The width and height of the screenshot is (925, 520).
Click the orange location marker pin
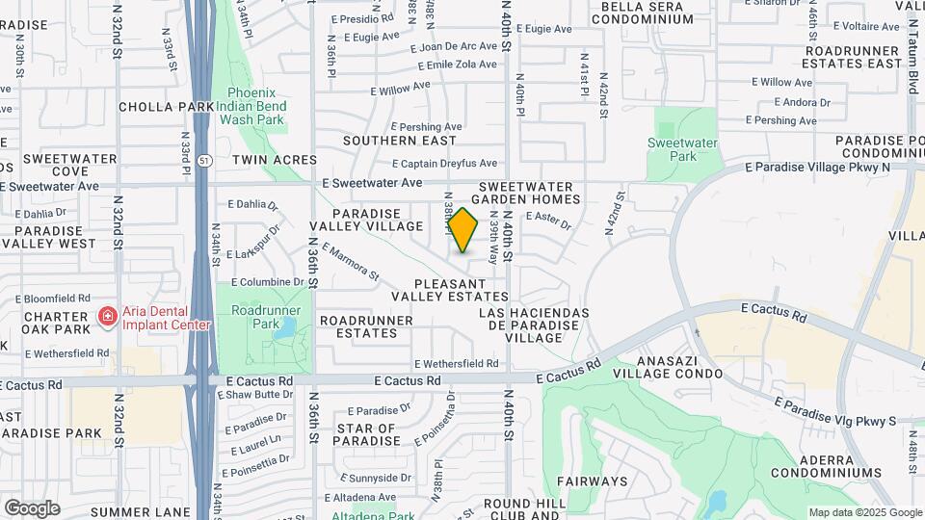click(463, 230)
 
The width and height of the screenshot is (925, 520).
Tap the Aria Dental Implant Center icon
click(108, 316)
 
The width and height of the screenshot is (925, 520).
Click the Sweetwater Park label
click(683, 149)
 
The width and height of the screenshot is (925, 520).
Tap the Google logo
click(32, 508)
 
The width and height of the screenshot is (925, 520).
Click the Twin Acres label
click(274, 159)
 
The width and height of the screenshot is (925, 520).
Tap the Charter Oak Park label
click(57, 323)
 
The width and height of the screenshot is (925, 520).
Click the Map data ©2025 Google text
click(864, 512)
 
